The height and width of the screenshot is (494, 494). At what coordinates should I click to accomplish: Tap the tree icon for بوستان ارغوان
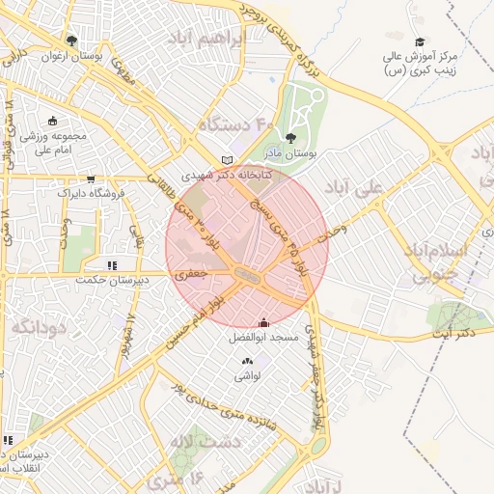click(x=71, y=41)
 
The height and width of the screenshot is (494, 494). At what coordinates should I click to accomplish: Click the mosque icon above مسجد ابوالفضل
click(x=264, y=323)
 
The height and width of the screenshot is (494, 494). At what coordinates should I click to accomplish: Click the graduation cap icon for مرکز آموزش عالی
click(x=420, y=41)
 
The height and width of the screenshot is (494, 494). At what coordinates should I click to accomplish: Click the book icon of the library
click(x=227, y=160)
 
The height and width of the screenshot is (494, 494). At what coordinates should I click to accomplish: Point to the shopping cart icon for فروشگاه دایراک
click(x=91, y=178)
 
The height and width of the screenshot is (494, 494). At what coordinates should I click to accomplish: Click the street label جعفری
click(x=188, y=274)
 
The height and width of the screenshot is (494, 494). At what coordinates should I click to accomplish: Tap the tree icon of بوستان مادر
click(x=291, y=138)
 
